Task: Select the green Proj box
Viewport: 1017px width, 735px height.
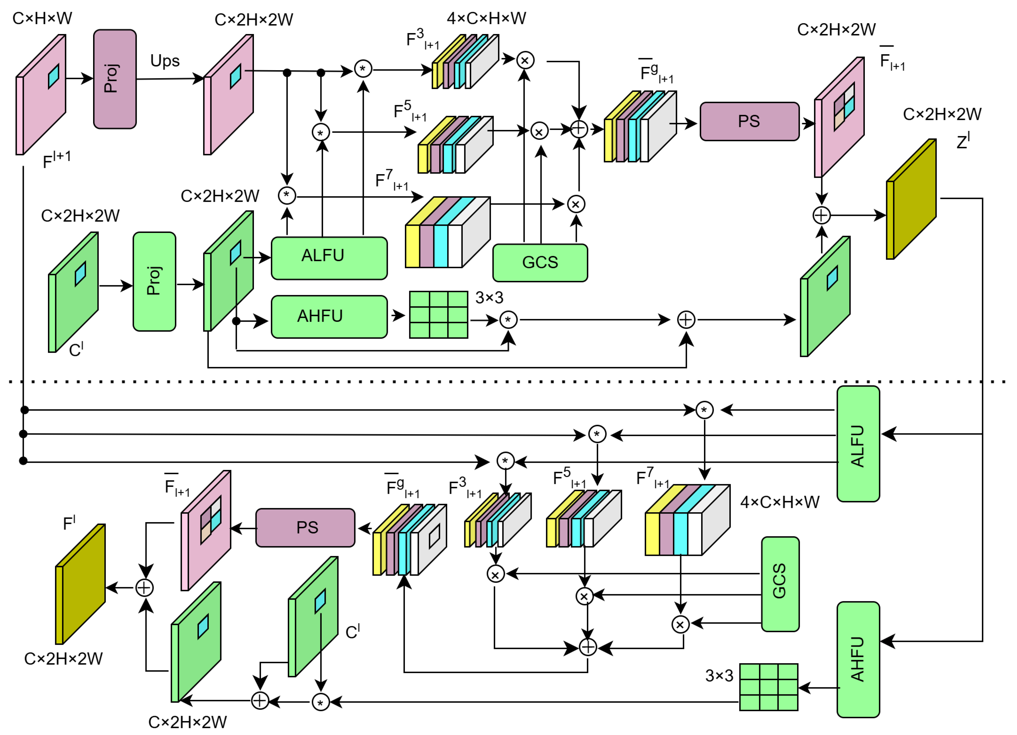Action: click(154, 282)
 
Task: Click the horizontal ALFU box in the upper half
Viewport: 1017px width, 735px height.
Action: click(329, 258)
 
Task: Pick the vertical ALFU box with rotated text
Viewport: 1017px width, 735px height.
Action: click(858, 444)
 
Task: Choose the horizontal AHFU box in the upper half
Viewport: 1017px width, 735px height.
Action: click(329, 316)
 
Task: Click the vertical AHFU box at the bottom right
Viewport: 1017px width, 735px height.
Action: click(858, 659)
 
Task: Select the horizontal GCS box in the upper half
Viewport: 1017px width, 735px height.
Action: click(540, 263)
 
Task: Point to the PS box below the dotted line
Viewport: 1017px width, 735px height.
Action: click(305, 527)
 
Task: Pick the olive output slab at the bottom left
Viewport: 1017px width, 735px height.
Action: click(80, 584)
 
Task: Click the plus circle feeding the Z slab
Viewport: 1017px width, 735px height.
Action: click(821, 215)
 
